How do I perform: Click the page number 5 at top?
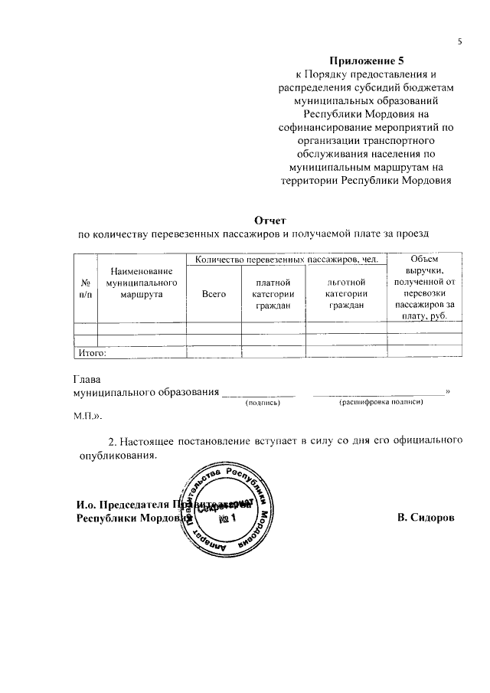[460, 41]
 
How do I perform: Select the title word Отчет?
[259, 220]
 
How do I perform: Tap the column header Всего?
[214, 294]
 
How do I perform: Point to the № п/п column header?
[85, 289]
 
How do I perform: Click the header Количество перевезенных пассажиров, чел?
[287, 260]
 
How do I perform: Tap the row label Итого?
[91, 353]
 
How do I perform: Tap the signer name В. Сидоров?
[426, 518]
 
